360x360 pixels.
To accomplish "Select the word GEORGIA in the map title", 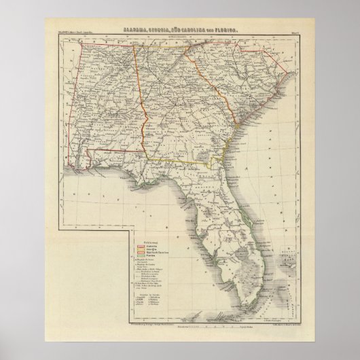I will [166, 31].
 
